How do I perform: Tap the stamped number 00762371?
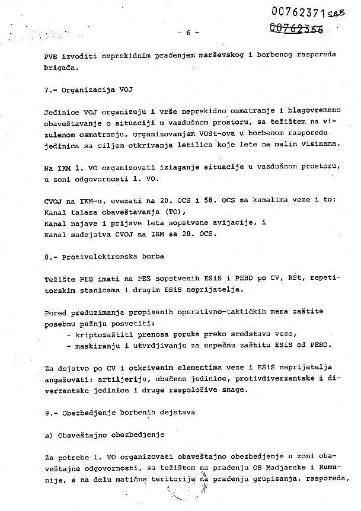pos(292,11)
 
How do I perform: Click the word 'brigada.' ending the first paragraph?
pos(61,68)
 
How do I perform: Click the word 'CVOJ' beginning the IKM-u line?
pos(53,201)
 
